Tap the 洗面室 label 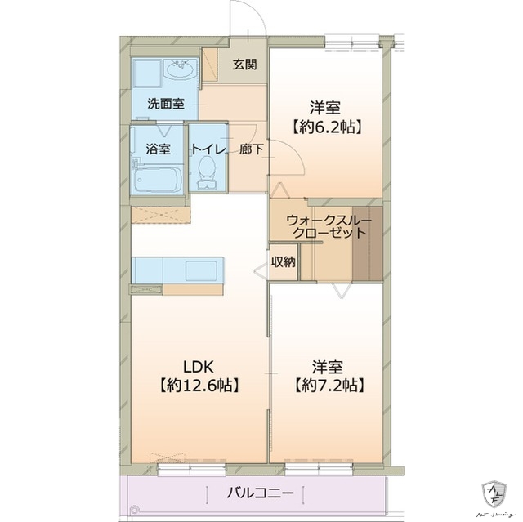[x=165, y=105]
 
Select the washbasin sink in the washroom [x=180, y=71]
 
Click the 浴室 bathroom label [x=158, y=149]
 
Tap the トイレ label [x=208, y=149]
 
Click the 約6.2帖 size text [x=325, y=127]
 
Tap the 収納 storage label [x=284, y=262]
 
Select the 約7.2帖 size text [x=325, y=384]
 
